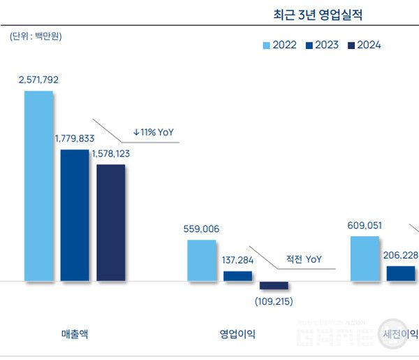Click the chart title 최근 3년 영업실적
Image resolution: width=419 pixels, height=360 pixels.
(318, 14)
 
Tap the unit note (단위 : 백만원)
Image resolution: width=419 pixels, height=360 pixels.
(36, 36)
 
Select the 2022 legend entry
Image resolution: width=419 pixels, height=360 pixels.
(279, 45)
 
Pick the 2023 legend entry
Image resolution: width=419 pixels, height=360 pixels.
(321, 45)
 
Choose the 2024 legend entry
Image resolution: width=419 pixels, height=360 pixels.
(363, 45)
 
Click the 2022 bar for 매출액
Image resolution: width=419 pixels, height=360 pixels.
(38, 186)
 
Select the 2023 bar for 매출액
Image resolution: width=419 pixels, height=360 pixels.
(75, 215)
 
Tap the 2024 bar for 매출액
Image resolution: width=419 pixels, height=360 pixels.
(110, 222)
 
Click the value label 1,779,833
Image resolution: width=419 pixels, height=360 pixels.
(75, 138)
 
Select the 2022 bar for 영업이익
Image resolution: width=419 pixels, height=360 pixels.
(202, 260)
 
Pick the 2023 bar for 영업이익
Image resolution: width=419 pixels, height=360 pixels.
(237, 276)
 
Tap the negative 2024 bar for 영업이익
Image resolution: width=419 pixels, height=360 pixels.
(274, 285)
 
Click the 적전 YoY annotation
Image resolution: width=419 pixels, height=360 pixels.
(304, 259)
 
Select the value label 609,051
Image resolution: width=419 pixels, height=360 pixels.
(366, 225)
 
